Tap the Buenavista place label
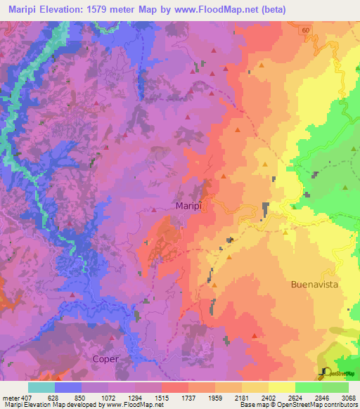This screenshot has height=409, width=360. click(x=314, y=285)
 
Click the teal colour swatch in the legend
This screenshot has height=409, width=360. click(x=41, y=387)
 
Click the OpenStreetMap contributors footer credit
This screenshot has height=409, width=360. click(x=318, y=405)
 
